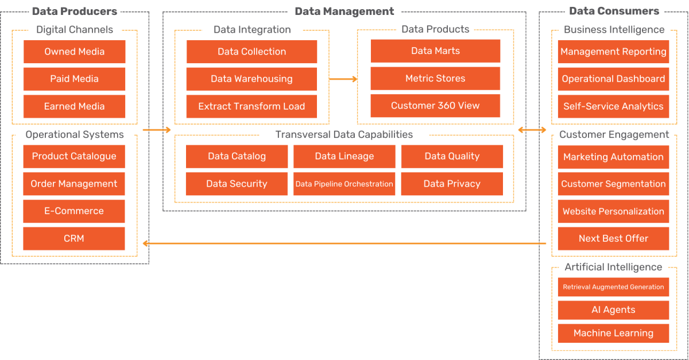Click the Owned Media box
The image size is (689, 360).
[x=74, y=52]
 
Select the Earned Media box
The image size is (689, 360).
[x=74, y=106]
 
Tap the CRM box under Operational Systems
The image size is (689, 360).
[x=74, y=239]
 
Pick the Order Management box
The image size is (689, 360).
[x=74, y=184]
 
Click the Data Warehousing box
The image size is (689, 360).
[x=251, y=79]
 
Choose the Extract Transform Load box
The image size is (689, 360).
[x=251, y=106]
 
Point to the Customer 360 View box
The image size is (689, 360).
[x=435, y=106]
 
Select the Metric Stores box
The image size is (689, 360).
[x=435, y=79]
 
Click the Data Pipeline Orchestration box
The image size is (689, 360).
[x=344, y=184]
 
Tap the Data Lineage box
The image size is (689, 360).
[x=344, y=156]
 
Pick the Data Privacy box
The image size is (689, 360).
[x=452, y=184]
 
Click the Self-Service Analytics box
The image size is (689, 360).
[x=613, y=106]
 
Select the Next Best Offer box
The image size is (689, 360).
[x=613, y=239]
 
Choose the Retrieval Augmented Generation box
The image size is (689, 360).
[x=613, y=287]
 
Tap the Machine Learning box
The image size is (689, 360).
[x=613, y=334]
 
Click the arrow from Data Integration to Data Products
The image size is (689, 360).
[x=343, y=79]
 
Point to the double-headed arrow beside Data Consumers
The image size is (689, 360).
[x=532, y=130]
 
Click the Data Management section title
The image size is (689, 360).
[x=344, y=11]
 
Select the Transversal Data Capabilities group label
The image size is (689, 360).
[x=344, y=135]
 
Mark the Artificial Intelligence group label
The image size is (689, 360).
[x=613, y=268]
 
